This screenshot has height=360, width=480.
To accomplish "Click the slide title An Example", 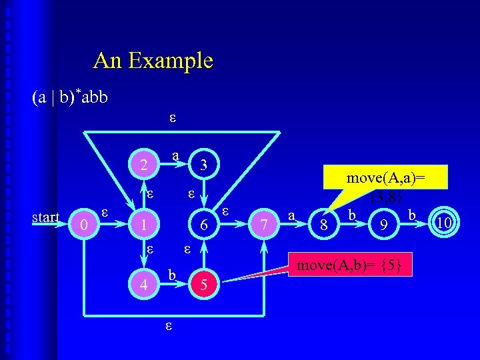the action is (153, 61).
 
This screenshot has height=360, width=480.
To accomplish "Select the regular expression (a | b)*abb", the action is (69, 97).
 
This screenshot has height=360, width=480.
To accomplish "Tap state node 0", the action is (84, 226).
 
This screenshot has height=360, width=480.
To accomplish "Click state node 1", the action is (143, 226).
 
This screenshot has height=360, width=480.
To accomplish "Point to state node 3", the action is (205, 165).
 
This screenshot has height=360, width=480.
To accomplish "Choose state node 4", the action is (144, 285).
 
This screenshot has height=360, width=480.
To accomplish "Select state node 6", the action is (205, 226).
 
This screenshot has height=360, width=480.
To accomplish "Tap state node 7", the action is (265, 226).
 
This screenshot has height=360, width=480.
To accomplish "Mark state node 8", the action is (324, 226).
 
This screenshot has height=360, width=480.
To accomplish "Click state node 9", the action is (383, 226).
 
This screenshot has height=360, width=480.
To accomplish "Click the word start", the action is (47, 217).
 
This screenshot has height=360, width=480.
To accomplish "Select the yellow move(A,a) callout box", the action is (386, 185).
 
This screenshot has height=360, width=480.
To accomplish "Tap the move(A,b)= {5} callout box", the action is (349, 265).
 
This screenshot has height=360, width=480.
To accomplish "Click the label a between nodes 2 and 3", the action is (175, 155).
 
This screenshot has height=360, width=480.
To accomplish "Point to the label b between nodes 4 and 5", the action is (172, 275).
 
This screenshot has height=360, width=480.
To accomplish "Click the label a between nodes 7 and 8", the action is (291, 215).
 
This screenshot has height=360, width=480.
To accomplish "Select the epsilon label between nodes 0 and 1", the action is (105, 212).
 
